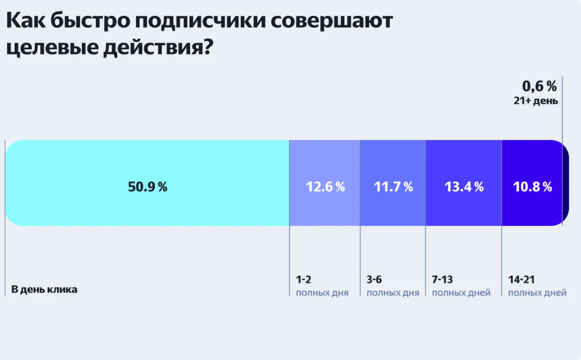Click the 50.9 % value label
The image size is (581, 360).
tap(148, 187)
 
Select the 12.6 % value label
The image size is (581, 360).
tap(325, 187)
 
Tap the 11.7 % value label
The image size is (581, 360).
tap(393, 187)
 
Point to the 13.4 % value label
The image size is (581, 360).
tap(463, 187)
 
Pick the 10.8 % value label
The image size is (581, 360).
tap(532, 187)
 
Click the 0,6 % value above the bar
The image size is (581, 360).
tap(539, 86)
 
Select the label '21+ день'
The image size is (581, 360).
tap(536, 101)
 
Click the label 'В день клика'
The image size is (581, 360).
tap(44, 289)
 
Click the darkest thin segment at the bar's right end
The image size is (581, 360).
tap(566, 184)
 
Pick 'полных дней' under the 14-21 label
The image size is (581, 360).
tap(537, 293)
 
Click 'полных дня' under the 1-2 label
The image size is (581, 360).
tap(322, 293)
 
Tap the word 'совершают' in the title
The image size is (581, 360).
tap(331, 21)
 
